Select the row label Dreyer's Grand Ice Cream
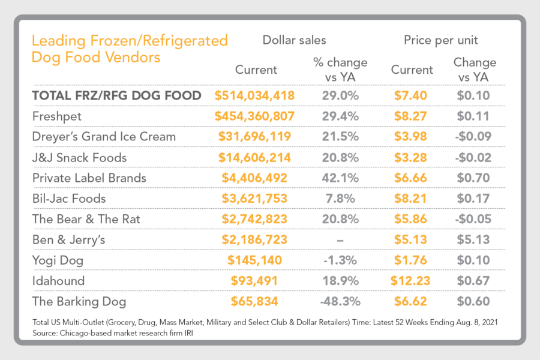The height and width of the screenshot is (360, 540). (x=104, y=136)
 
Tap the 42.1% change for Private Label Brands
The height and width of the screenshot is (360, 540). (x=340, y=178)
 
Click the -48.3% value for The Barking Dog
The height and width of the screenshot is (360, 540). (x=340, y=301)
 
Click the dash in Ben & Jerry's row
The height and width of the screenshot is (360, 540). (x=340, y=240)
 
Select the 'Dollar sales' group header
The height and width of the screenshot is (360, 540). (x=295, y=40)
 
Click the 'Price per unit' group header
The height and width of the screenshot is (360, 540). (x=442, y=40)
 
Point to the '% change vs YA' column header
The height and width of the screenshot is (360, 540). (x=340, y=69)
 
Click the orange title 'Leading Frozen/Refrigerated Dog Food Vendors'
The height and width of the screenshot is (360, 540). (x=129, y=49)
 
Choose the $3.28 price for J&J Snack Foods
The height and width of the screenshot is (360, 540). (x=411, y=157)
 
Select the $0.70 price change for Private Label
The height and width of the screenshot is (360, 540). (x=475, y=178)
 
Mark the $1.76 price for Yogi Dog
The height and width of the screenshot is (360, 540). (x=411, y=260)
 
